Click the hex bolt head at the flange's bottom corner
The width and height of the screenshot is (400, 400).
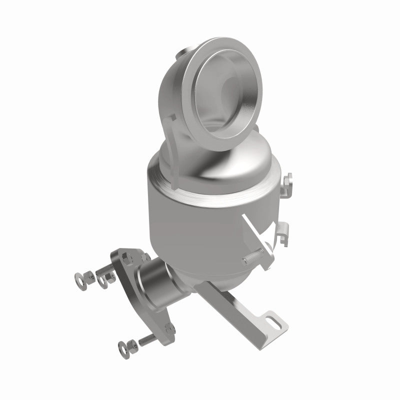click(x=170, y=329)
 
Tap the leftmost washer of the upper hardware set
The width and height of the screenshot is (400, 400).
click(x=79, y=276)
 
